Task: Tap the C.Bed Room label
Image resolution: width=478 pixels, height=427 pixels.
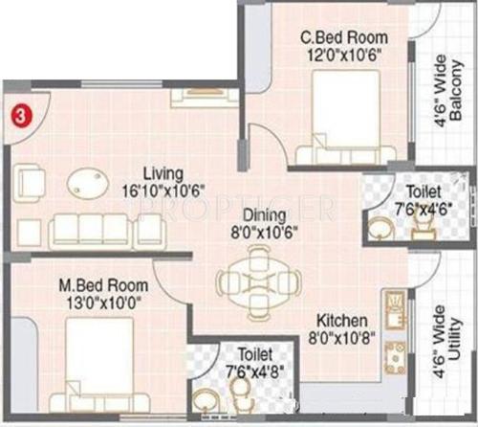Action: click(332, 37)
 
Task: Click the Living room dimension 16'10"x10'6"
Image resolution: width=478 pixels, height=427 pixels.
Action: click(163, 191)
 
